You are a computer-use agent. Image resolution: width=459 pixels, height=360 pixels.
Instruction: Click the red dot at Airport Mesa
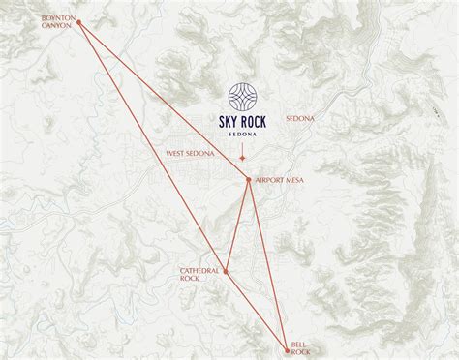coord(250,179)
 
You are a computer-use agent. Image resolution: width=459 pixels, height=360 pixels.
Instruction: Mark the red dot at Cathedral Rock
coord(226,272)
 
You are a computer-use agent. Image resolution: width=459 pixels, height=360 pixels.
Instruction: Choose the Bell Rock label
coord(301,346)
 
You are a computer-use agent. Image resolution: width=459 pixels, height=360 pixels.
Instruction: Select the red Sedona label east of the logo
coord(300,118)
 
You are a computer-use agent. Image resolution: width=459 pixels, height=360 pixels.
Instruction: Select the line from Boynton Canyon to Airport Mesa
coord(165,101)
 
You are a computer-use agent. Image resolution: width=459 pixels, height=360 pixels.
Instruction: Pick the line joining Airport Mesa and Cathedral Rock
coord(238,225)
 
